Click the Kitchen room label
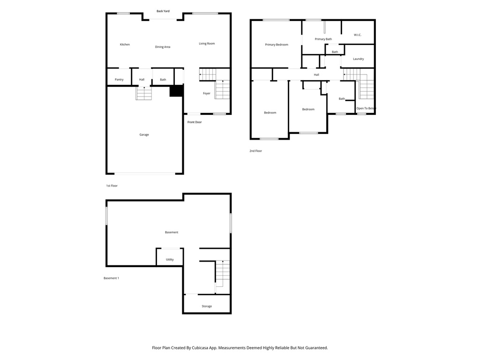tap(125, 45)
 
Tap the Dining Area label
tap(163, 47)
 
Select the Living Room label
tap(207, 44)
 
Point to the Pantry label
tap(119, 80)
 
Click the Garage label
tap(144, 135)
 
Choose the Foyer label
tap(207, 93)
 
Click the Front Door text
tap(195, 122)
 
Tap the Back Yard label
tap(163, 11)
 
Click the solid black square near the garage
tap(176, 91)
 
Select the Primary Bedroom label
tap(277, 45)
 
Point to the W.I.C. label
tap(358, 35)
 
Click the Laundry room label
tap(359, 59)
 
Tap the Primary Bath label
tap(323, 39)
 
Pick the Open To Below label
tap(366, 108)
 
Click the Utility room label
tap(170, 259)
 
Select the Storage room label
tap(207, 306)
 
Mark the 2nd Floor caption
tap(255, 151)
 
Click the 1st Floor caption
tap(112, 186)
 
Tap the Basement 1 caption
tap(111, 278)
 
